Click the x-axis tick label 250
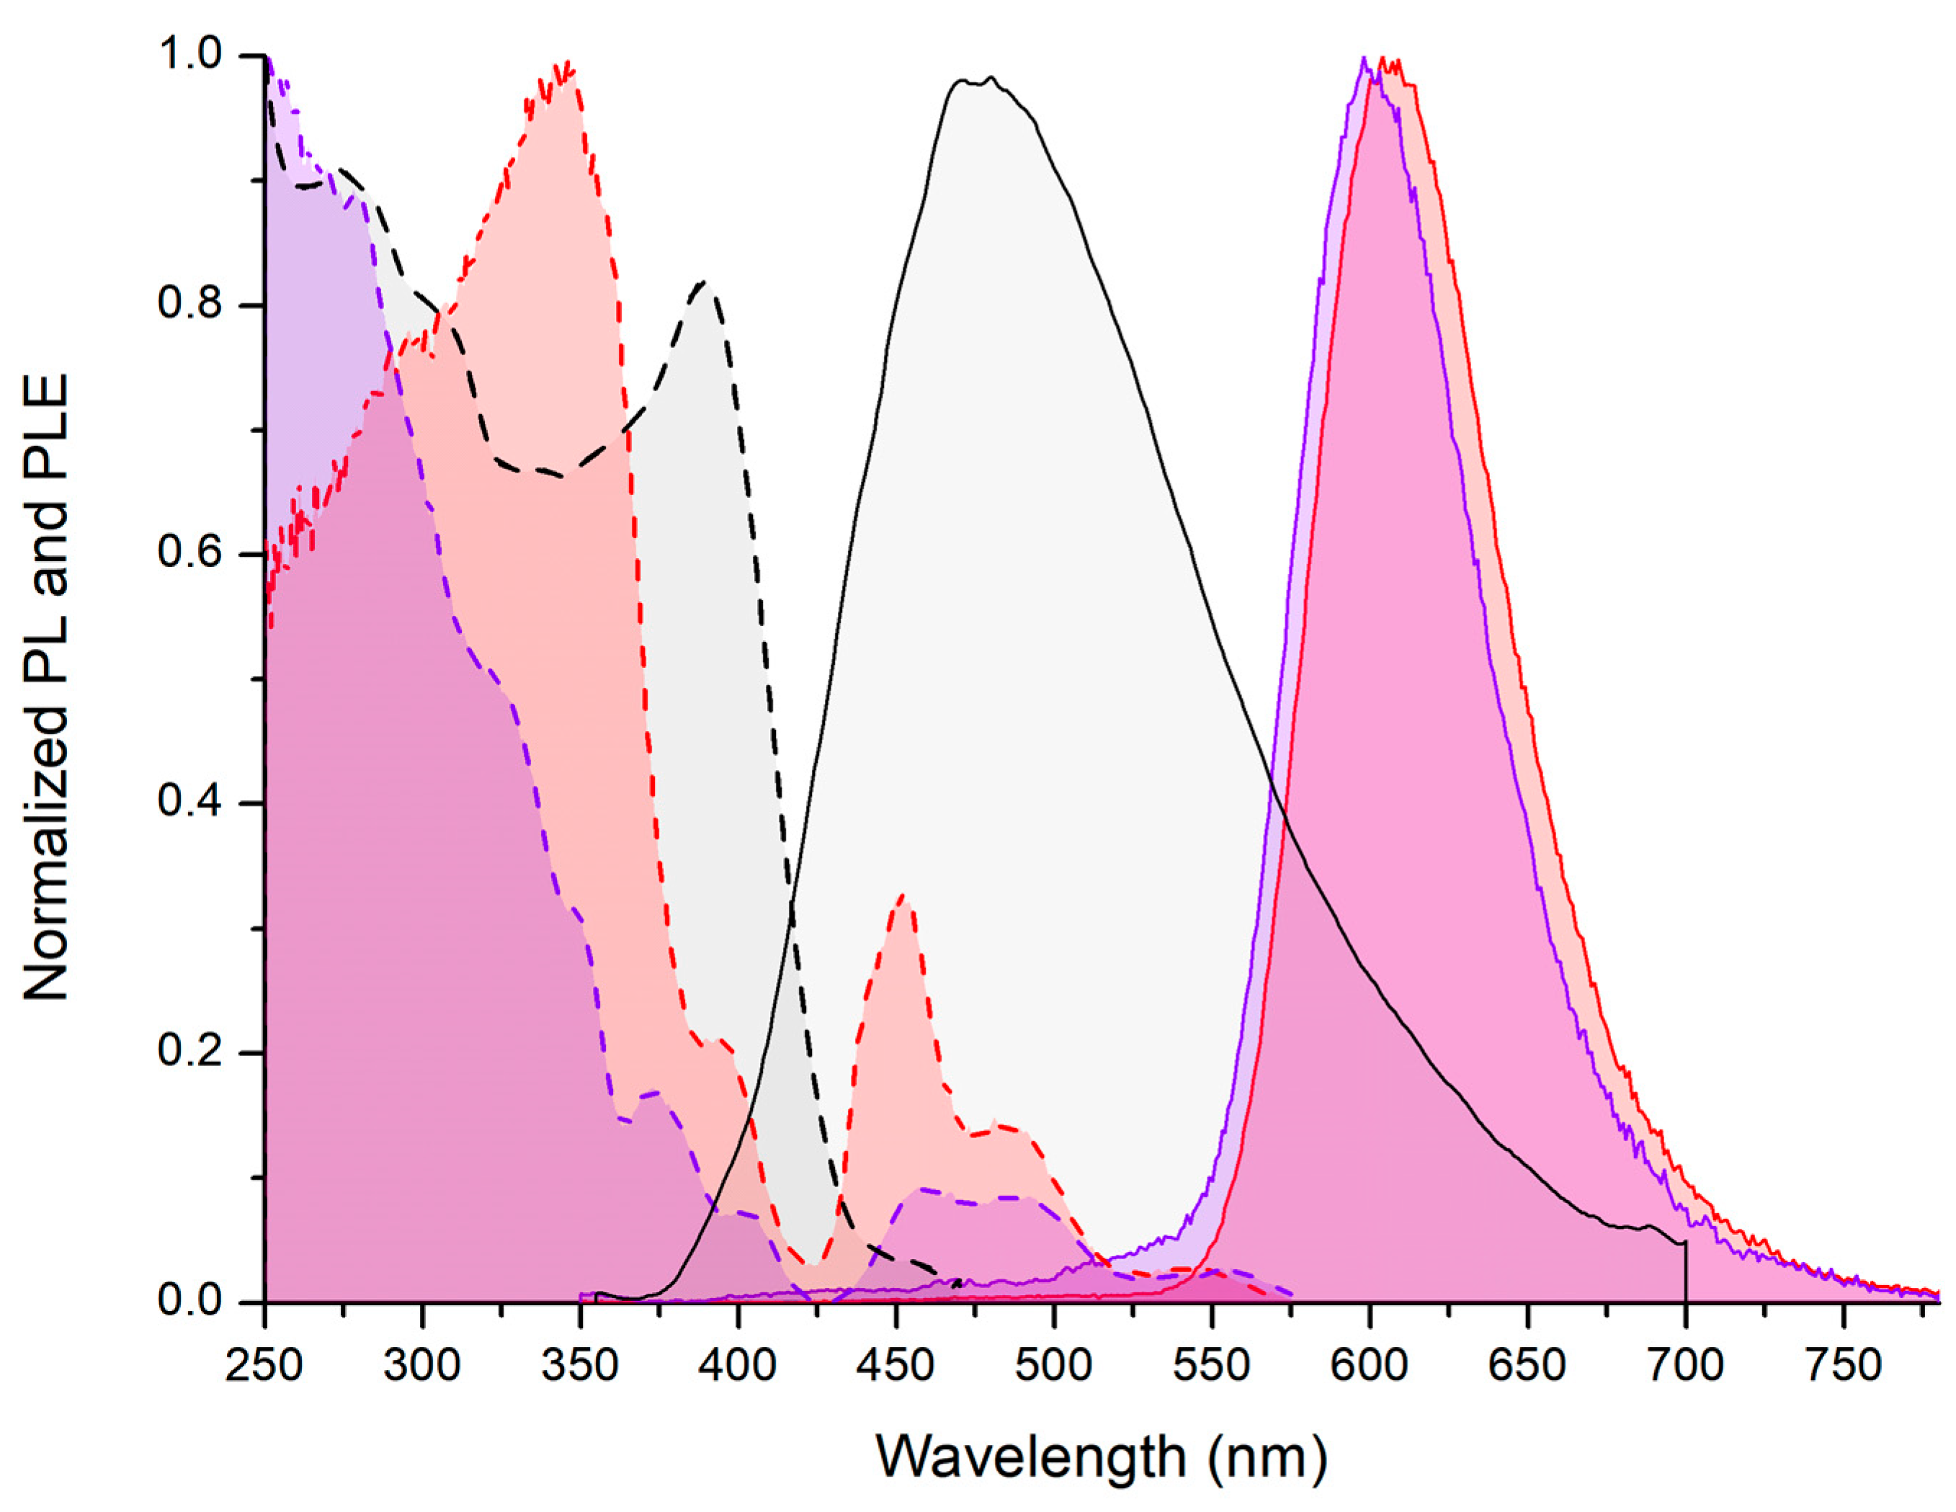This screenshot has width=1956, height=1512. [x=264, y=1366]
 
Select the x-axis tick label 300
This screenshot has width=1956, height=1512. [x=422, y=1366]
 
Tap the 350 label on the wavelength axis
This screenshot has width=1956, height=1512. [x=581, y=1366]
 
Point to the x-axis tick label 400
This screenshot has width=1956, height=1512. [x=738, y=1366]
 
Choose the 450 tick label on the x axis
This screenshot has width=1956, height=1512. [x=896, y=1366]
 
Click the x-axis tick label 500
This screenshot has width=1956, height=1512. [x=1053, y=1366]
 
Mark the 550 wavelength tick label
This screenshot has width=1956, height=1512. [x=1212, y=1366]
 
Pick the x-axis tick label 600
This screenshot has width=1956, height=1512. [x=1370, y=1366]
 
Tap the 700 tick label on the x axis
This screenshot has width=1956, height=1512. [x=1686, y=1366]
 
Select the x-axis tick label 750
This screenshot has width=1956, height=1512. [x=1843, y=1366]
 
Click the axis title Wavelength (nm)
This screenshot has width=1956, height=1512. [x=1102, y=1457]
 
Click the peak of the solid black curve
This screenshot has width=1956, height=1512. [x=990, y=79]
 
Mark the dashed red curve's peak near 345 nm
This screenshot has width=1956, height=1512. [x=567, y=65]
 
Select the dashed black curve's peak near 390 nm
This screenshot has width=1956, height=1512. [x=705, y=282]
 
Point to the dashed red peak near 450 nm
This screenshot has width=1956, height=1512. [x=902, y=895]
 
